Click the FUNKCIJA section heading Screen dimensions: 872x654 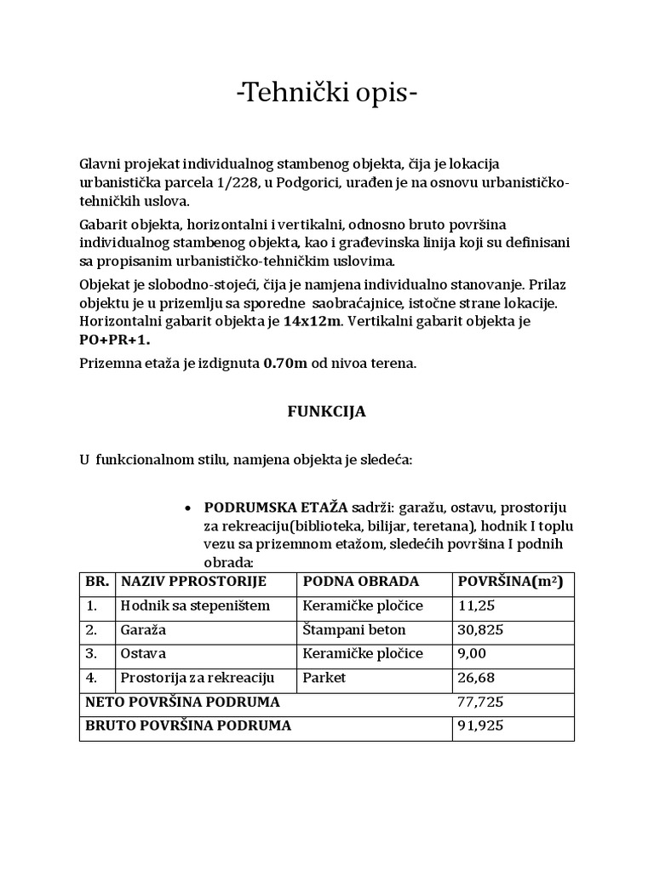coord(324,411)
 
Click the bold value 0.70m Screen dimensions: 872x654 coord(285,363)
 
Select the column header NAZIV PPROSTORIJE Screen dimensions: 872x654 coord(194,582)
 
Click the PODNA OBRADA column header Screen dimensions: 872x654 coord(360,582)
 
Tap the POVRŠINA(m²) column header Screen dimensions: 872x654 coord(510,582)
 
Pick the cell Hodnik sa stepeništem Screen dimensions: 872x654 coord(195,605)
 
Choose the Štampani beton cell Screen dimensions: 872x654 coord(353,630)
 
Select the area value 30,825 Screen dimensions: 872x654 coord(479,630)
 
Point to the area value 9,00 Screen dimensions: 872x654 coord(473,654)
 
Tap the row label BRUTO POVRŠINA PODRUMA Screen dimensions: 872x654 coord(188,726)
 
